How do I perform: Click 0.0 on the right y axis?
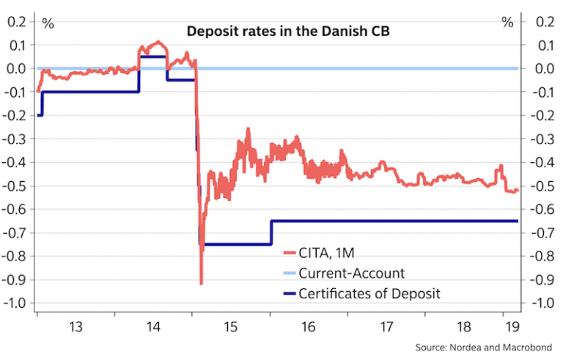[x=544, y=69]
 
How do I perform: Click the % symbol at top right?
[x=507, y=23]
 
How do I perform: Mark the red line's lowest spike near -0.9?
[x=201, y=283]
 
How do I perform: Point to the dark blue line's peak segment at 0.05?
[x=152, y=56]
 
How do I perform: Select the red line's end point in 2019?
[x=517, y=191]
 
